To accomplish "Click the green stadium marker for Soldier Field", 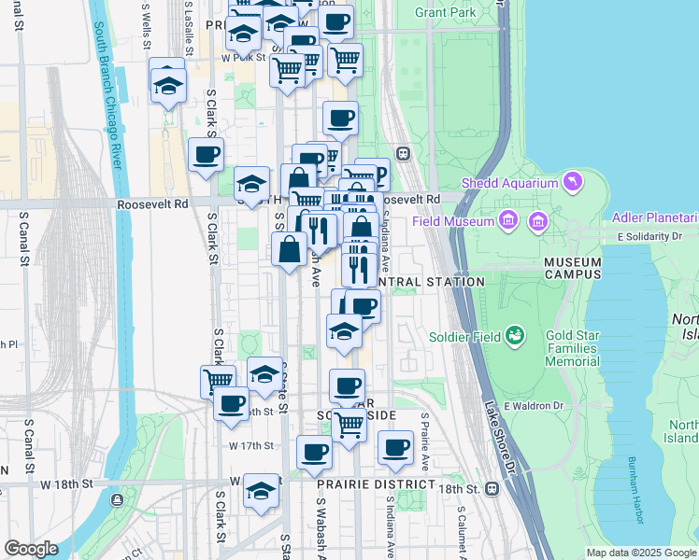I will [514, 334].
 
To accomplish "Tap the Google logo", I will [31, 549].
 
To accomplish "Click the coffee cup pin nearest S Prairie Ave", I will [395, 447].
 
